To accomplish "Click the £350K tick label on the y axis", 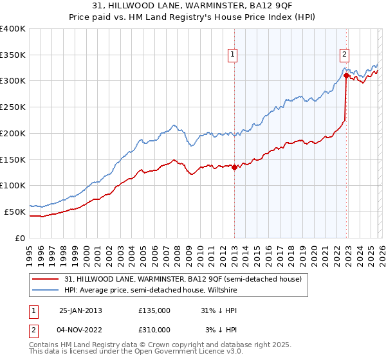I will [13, 55].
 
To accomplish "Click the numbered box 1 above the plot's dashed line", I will [232, 55].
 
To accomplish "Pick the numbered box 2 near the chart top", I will [345, 55].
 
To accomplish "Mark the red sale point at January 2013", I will [234, 167].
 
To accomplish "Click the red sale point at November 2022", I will [346, 76].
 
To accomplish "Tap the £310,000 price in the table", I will [154, 329].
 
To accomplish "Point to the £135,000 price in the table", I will [154, 310].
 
